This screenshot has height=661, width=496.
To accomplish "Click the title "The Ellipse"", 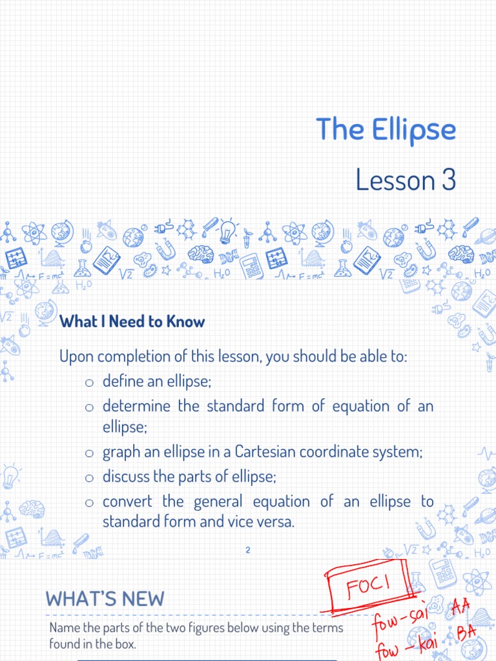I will pos(386,130).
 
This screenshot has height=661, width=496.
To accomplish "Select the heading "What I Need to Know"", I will pos(132,321).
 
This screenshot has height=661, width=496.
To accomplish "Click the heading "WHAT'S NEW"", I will pos(105,598).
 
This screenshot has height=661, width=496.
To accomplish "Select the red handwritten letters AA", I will pos(460,606).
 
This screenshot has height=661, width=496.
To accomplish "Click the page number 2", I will pos(248,549).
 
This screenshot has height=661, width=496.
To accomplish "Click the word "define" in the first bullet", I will pos(123,381).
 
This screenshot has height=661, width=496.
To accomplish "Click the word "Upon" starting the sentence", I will pos(75,356).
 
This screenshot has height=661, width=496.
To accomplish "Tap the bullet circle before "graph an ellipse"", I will pos(90,453).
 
